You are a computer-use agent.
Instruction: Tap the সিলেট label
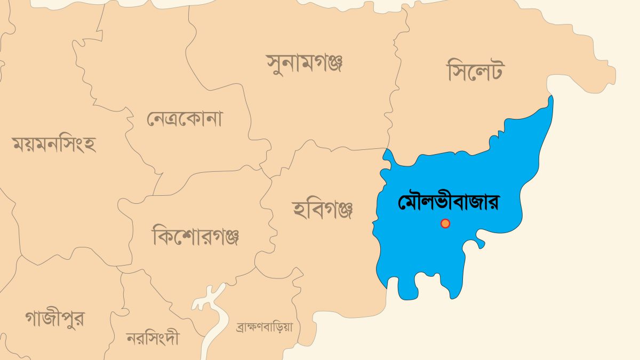tap(475, 71)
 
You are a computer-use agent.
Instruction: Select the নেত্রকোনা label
tap(185, 118)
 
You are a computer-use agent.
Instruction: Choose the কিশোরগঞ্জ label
tap(196, 235)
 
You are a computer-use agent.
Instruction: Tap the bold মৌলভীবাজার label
tap(451, 203)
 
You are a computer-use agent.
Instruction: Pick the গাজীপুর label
tap(54, 318)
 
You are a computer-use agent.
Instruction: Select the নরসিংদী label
tap(153, 338)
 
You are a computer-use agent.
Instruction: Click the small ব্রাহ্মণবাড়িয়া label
tap(265, 327)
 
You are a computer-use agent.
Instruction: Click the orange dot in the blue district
tap(445, 223)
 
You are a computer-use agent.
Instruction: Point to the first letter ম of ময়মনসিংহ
tap(20, 145)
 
